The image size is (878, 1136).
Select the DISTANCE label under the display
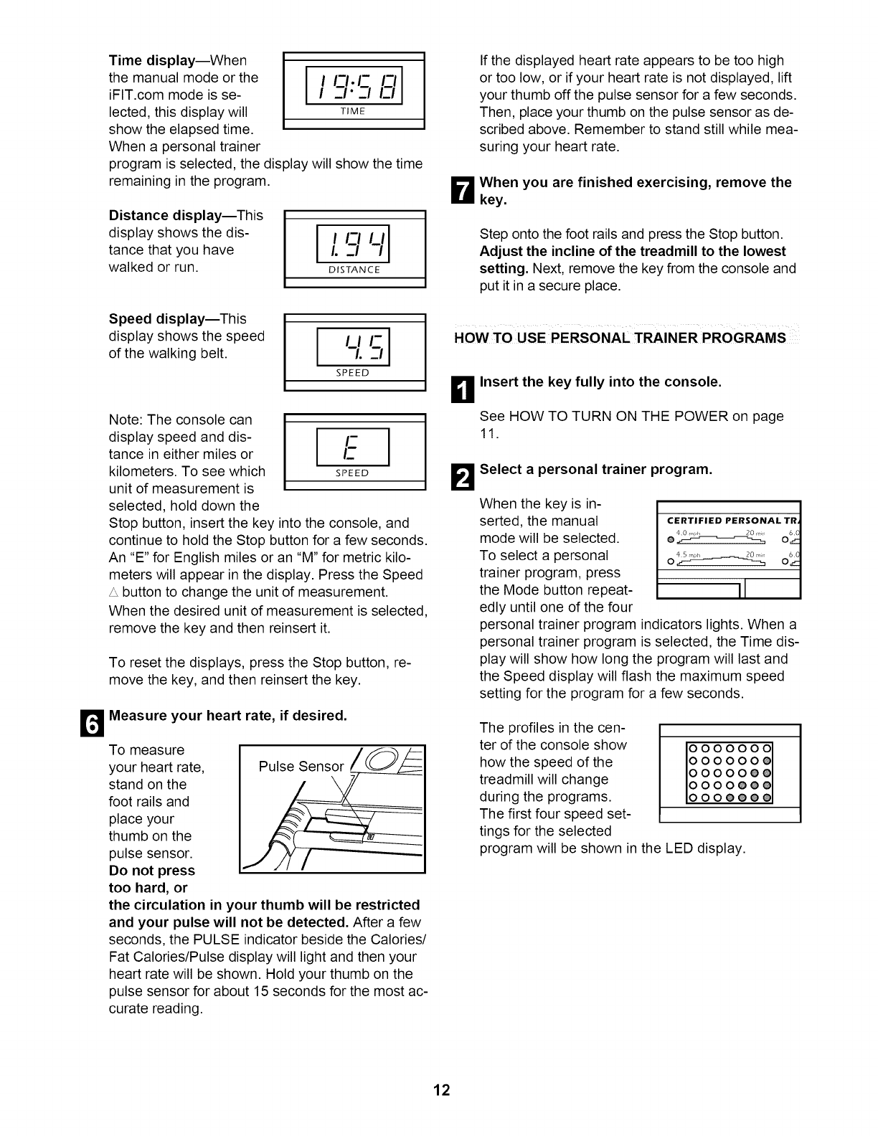(x=355, y=270)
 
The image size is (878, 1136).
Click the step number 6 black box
(x=97, y=723)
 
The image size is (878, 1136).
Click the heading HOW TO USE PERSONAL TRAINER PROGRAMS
(x=620, y=338)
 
